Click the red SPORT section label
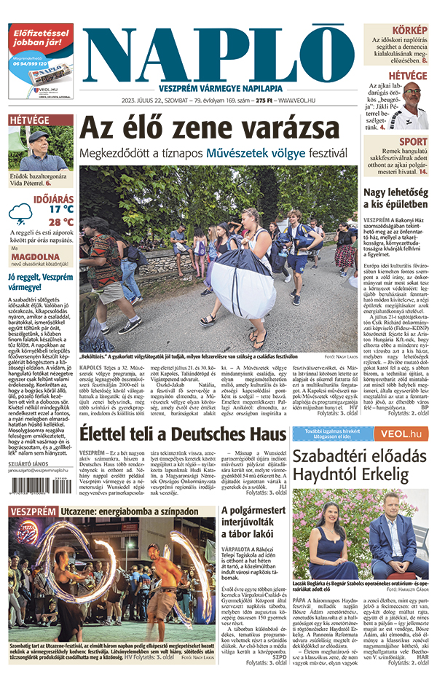(413, 141)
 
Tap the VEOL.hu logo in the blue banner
(406, 434)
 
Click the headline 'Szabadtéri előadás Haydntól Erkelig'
(360, 465)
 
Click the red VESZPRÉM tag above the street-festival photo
(32, 511)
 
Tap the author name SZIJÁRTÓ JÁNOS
(29, 463)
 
